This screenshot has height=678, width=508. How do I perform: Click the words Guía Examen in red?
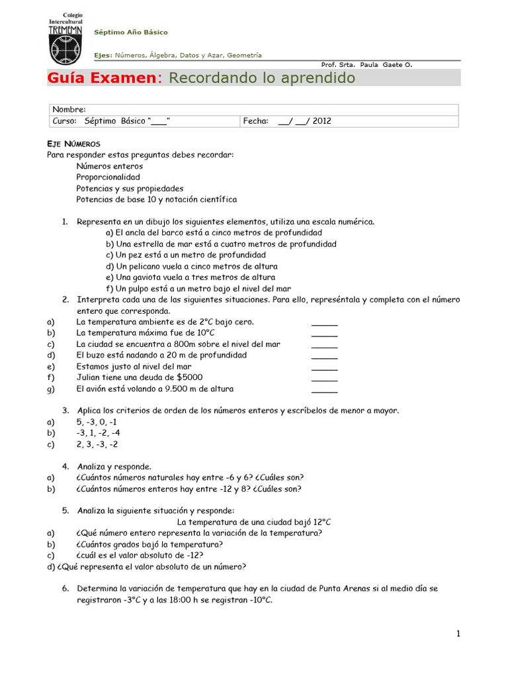point(100,78)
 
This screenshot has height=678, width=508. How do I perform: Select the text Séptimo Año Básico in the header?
point(131,32)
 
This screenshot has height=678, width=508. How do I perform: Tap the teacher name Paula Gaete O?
point(385,65)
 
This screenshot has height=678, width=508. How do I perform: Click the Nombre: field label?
point(69,110)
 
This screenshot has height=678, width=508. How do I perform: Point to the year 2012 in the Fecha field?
point(322,121)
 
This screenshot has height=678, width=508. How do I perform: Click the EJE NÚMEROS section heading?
point(73,144)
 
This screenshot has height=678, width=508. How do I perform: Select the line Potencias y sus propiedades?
point(130,189)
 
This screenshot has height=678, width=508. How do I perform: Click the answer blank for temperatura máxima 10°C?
point(324,333)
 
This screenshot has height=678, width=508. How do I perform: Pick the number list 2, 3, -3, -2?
point(97,444)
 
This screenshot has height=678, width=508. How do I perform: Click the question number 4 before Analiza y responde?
point(65,467)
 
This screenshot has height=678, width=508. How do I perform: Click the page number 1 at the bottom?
point(458,634)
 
